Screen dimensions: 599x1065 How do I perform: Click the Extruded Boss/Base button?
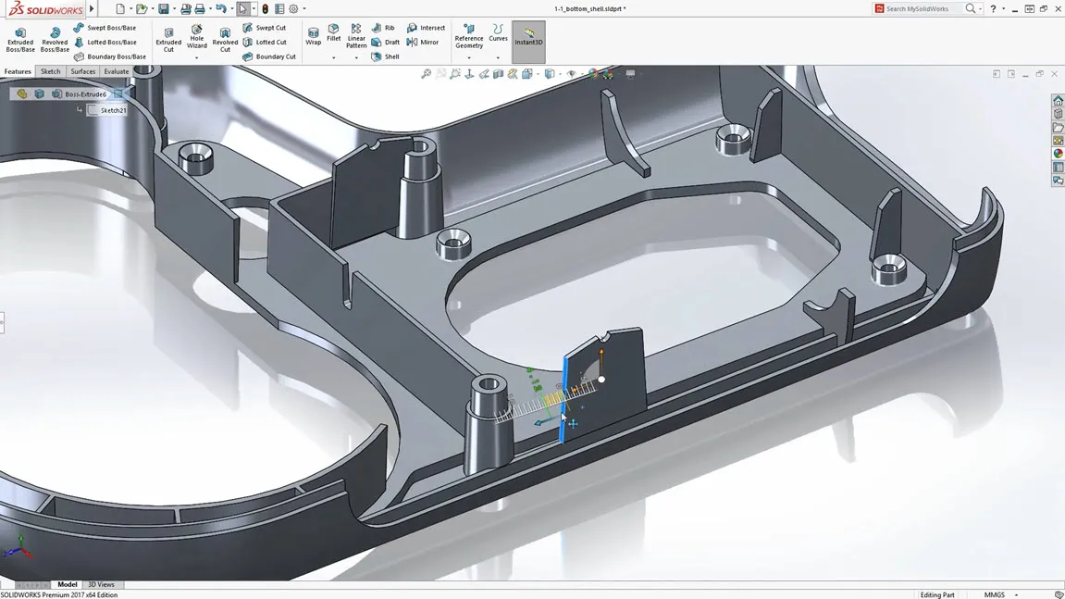tap(19, 39)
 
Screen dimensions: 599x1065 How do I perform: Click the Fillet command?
tap(333, 34)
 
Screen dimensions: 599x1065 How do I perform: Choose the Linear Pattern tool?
tap(356, 37)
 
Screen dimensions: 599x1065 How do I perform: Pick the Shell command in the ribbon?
tap(386, 56)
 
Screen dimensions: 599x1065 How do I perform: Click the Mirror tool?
tap(423, 43)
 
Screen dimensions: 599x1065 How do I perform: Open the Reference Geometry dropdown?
tap(469, 57)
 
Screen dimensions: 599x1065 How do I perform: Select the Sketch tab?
tap(50, 71)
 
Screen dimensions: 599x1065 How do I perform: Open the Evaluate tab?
tap(116, 71)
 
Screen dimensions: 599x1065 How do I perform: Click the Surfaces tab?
tap(82, 71)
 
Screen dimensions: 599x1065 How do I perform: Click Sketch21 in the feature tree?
tap(113, 110)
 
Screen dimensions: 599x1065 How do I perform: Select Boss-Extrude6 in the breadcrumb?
tap(85, 94)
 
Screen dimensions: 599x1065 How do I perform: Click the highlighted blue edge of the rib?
tap(563, 398)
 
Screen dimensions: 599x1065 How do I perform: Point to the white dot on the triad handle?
tap(601, 380)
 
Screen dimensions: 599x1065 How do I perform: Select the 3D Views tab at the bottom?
tap(101, 584)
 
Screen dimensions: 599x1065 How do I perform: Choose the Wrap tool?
tap(313, 37)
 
